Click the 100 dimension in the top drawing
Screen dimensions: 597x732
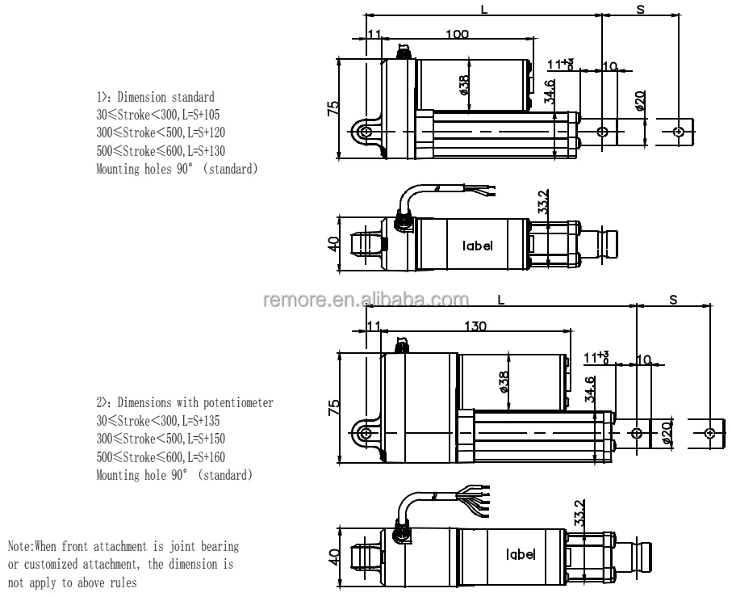tap(457, 35)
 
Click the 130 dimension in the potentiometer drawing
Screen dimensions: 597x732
tap(475, 326)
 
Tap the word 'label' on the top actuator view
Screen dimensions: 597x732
tap(477, 246)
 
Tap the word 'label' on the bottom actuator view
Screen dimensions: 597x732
tap(520, 555)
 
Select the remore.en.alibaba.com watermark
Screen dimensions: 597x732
tap(366, 300)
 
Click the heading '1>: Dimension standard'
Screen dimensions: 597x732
tap(156, 96)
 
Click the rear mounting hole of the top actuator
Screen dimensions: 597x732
tap(366, 131)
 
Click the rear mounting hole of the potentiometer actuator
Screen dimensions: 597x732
tap(366, 434)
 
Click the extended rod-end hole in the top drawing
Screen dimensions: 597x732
tap(680, 131)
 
